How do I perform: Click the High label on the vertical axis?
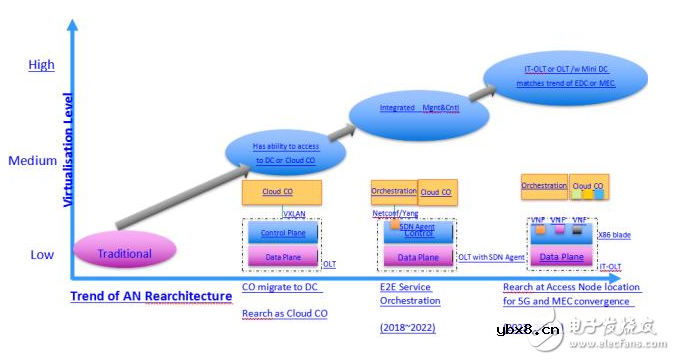(41, 65)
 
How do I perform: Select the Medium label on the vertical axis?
(33, 160)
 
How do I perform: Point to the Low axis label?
(41, 254)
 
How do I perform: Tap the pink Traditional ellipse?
(124, 253)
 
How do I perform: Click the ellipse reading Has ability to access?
(286, 153)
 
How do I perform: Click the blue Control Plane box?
(282, 233)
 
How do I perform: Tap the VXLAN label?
(292, 213)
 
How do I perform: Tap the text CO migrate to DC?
(282, 287)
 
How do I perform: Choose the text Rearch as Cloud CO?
(285, 313)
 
